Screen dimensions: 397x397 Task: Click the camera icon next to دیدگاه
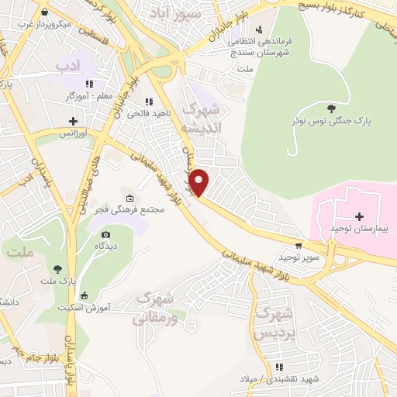pyautogui.click(x=105, y=234)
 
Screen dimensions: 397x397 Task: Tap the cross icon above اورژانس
pyautogui.click(x=74, y=121)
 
